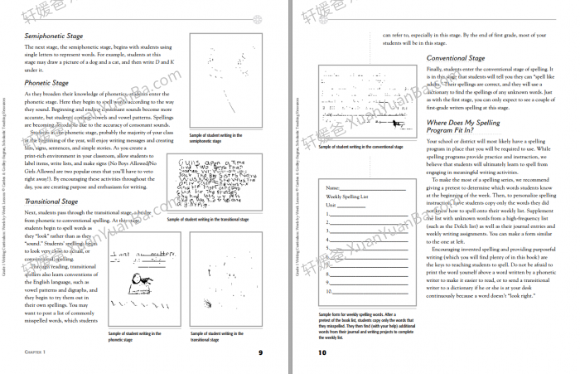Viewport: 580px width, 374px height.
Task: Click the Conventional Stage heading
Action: tap(456, 58)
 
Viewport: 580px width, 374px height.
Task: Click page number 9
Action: tap(260, 353)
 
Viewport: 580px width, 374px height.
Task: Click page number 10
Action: tap(323, 353)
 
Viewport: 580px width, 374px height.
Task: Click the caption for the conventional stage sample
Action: tap(360, 146)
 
